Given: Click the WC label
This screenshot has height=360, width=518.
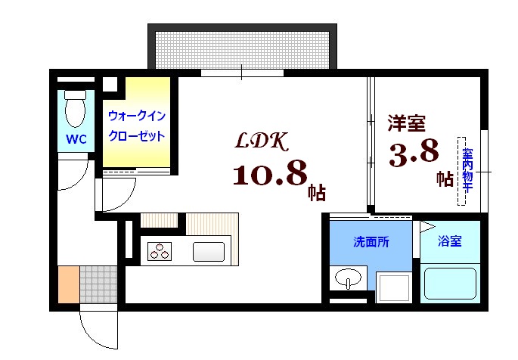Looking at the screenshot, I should tap(75, 139).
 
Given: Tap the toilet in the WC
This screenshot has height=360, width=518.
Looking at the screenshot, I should tap(75, 110).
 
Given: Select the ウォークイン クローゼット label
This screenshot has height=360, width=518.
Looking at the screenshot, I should tap(137, 126).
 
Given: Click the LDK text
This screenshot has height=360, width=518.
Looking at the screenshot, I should tap(260, 141).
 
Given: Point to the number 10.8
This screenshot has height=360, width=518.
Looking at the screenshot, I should tap(269, 175).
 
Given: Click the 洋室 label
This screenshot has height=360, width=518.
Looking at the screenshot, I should tap(406, 122).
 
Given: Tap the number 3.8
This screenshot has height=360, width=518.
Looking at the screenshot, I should tap(414, 154).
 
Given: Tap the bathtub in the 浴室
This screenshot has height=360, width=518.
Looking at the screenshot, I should tap(451, 282).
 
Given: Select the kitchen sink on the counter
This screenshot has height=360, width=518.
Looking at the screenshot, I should tap(209, 250).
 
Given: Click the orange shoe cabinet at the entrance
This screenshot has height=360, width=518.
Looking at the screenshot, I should tap(68, 284).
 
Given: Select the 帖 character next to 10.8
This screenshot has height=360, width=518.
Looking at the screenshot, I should tap(316, 192).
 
